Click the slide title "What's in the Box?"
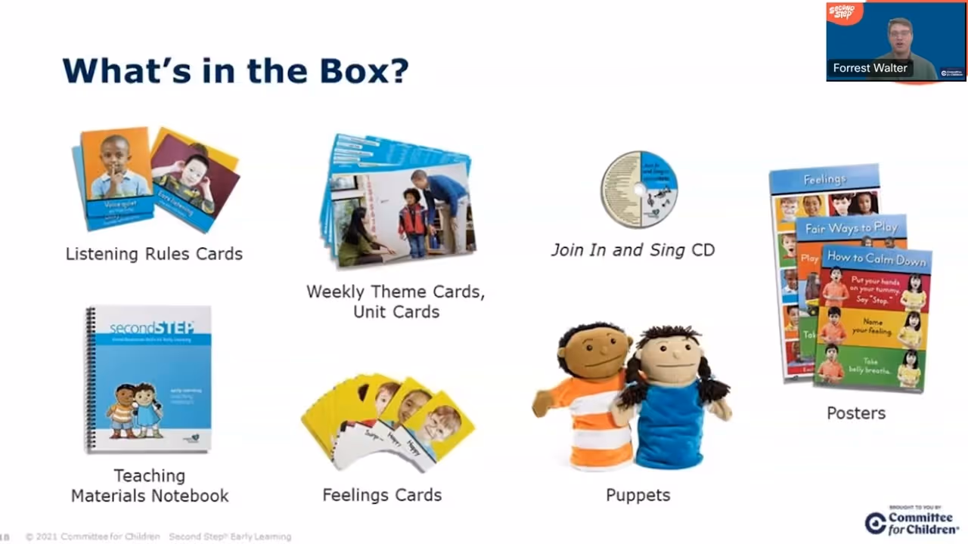coord(235,70)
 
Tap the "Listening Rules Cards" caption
coord(154,254)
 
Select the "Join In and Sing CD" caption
coord(632,250)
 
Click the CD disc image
coord(639,189)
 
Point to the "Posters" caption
coord(855,413)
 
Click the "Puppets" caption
coord(638,495)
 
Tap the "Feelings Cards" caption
coord(382,495)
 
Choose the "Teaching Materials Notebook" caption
coord(150,486)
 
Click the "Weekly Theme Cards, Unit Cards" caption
coord(396,301)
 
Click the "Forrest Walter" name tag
coord(870,68)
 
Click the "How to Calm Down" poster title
coord(876,258)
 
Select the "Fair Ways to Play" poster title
coord(851,227)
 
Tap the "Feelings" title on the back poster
coord(824,179)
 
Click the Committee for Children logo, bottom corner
coord(912,522)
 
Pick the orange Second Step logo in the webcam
coord(842,12)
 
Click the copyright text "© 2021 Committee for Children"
coord(92,536)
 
